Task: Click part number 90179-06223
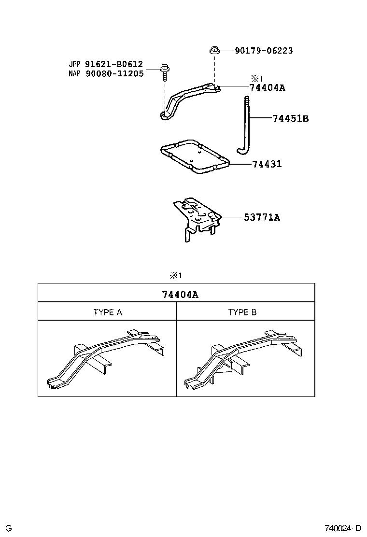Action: pyautogui.click(x=264, y=51)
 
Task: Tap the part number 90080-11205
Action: pyautogui.click(x=114, y=74)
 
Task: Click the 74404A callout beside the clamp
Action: pyautogui.click(x=267, y=88)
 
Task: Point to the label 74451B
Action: pyautogui.click(x=290, y=118)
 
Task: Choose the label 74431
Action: pyautogui.click(x=267, y=164)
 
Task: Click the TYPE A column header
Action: pyautogui.click(x=107, y=312)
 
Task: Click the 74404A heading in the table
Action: pyautogui.click(x=177, y=294)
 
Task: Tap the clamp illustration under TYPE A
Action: pyautogui.click(x=106, y=357)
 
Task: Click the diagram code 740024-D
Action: pyautogui.click(x=342, y=528)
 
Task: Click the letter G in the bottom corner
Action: pyautogui.click(x=9, y=528)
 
